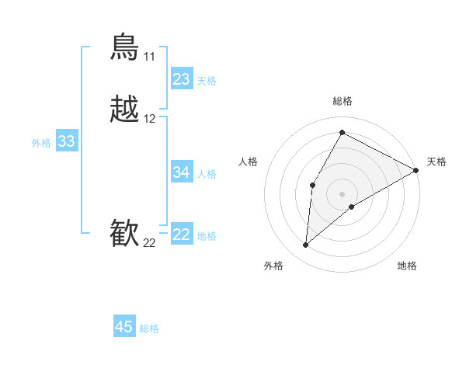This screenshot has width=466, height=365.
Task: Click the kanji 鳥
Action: [125, 47]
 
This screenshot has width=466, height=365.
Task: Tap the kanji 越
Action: [125, 109]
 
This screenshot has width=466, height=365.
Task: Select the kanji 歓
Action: [125, 234]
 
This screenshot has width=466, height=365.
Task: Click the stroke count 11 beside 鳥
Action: [149, 57]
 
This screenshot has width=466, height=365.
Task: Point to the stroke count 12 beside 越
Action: [149, 119]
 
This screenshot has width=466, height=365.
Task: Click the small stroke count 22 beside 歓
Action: [149, 243]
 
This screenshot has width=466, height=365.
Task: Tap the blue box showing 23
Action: [182, 79]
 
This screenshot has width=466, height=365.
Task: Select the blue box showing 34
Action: [182, 172]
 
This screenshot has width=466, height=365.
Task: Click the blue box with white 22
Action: [182, 235]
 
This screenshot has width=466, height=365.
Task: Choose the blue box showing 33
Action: [67, 141]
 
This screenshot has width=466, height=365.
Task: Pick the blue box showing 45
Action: [124, 327]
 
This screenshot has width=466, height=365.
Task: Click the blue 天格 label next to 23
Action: [207, 81]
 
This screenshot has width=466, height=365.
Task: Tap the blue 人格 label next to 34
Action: [207, 174]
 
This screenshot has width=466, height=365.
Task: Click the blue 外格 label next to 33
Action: [41, 143]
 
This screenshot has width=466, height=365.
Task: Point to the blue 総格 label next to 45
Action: [149, 328]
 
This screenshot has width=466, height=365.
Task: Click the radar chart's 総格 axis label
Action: [343, 102]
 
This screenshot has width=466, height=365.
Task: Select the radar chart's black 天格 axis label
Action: [436, 162]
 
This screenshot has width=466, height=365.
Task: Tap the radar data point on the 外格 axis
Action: [306, 245]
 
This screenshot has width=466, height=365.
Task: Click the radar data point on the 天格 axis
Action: [417, 171]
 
